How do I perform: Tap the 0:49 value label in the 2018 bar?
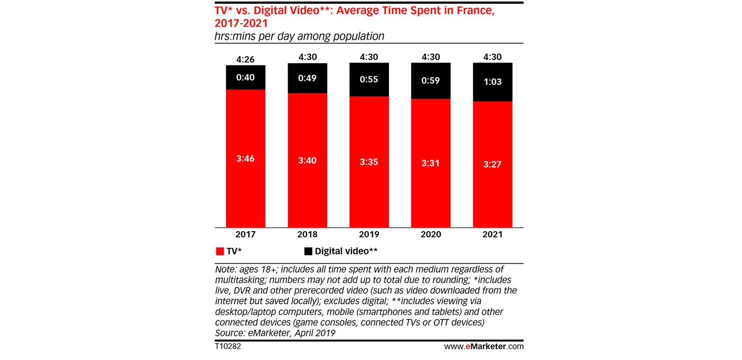307,79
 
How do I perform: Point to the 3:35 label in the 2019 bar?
369,162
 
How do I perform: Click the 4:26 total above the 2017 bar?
245,59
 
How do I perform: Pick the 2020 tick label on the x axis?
431,234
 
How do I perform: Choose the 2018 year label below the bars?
307,234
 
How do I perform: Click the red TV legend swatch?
220,251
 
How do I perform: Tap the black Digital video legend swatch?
308,251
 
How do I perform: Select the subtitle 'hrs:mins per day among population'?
299,36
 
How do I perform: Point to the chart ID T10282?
228,346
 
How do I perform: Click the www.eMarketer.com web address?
484,346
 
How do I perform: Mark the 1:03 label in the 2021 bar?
492,82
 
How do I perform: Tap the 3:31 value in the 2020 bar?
430,163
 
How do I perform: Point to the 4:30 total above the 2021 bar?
492,57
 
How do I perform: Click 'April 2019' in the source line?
315,333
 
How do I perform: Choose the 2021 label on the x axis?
492,234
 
